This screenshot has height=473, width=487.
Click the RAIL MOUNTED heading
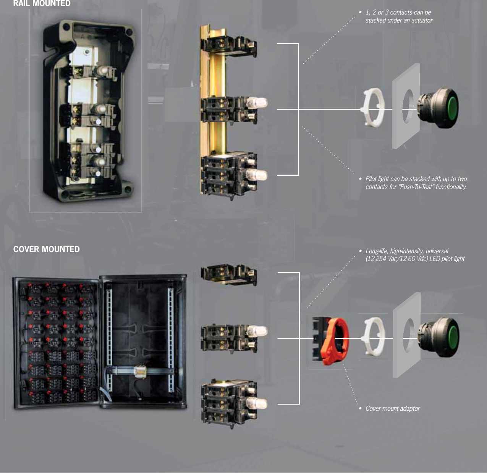pyautogui.click(x=42, y=3)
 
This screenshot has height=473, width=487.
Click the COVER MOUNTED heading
pyautogui.click(x=46, y=249)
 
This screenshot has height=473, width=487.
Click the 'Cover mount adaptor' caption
pyautogui.click(x=392, y=408)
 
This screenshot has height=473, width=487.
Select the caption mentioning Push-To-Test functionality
pyautogui.click(x=416, y=183)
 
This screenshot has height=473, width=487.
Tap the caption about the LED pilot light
pyautogui.click(x=414, y=255)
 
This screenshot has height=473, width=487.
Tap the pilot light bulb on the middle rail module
pyautogui.click(x=258, y=103)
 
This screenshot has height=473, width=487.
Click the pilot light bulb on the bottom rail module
pyautogui.click(x=258, y=175)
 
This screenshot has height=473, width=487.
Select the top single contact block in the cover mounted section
pyautogui.click(x=228, y=274)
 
